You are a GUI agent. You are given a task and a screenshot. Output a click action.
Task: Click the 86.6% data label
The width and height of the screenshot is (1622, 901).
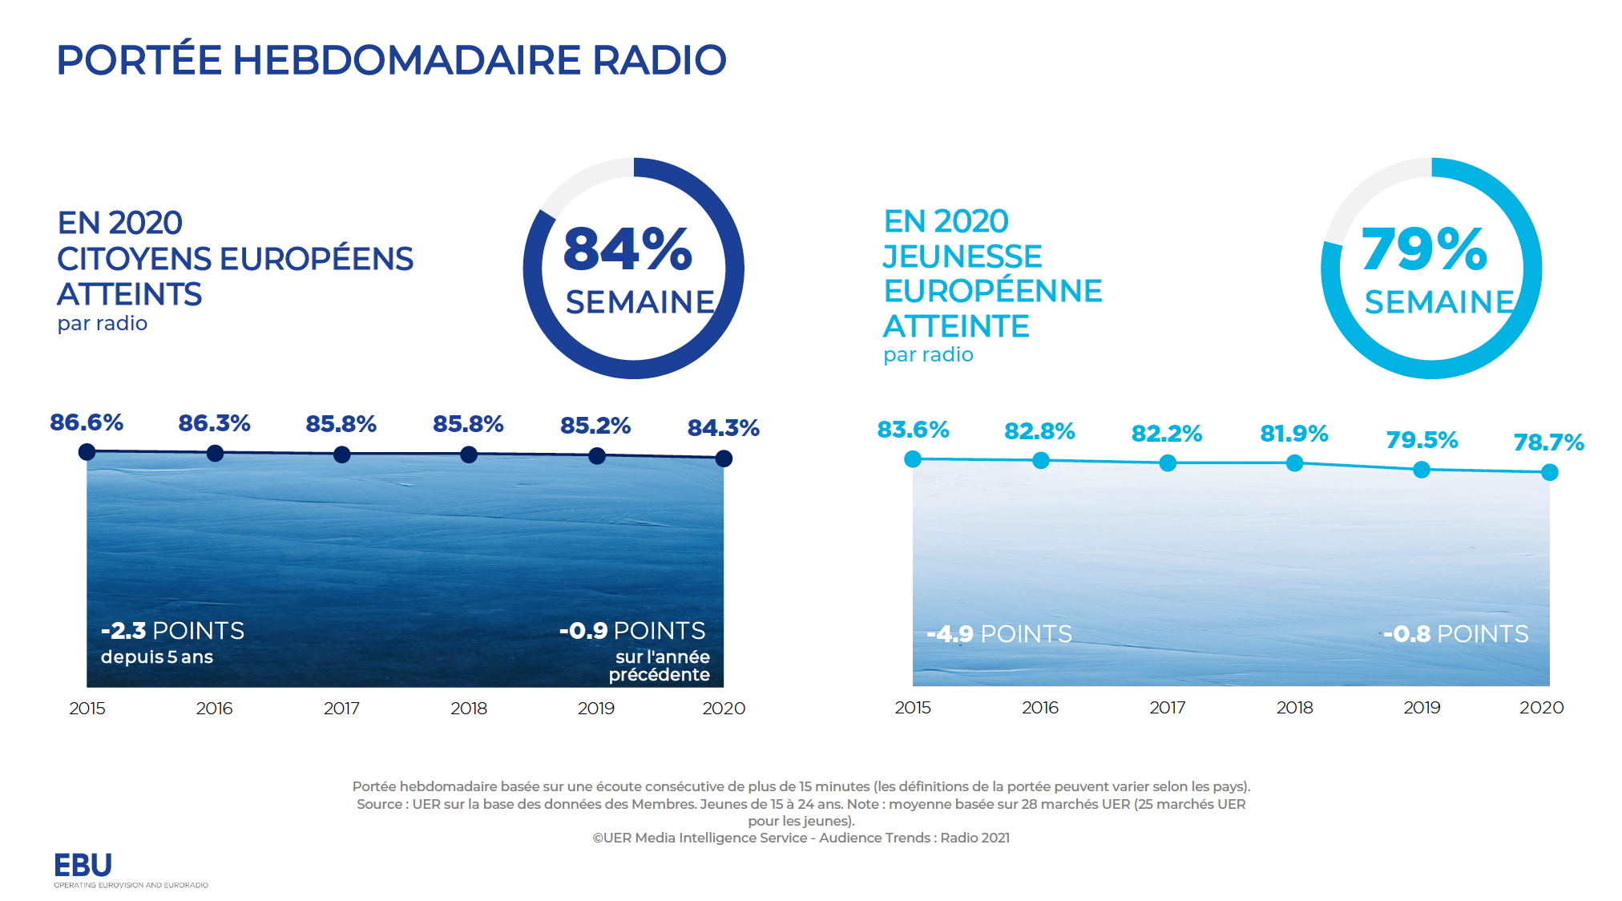pyautogui.click(x=87, y=422)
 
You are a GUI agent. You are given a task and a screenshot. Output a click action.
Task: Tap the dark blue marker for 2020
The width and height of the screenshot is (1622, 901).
pyautogui.click(x=724, y=459)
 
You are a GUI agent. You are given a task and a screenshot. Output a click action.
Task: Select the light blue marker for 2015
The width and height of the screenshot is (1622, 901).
pyautogui.click(x=913, y=459)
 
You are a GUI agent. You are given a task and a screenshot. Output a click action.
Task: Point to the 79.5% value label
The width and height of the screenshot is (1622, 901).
pyautogui.click(x=1422, y=440)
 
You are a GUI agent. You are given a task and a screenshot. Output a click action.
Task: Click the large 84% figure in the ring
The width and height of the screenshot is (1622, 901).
pyautogui.click(x=627, y=248)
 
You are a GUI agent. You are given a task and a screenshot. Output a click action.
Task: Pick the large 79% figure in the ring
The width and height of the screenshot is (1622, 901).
pyautogui.click(x=1424, y=248)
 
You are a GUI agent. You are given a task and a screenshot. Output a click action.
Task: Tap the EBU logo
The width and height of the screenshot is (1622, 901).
pyautogui.click(x=83, y=866)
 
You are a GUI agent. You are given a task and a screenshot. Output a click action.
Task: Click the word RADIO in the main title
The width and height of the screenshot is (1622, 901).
pyautogui.click(x=659, y=60)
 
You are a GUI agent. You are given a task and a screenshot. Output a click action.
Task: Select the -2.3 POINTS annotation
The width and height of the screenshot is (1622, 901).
pyautogui.click(x=172, y=631)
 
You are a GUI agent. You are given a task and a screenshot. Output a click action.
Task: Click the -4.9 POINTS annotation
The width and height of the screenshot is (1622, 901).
pyautogui.click(x=999, y=634)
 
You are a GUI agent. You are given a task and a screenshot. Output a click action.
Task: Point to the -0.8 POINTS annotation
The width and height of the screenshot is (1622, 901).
pyautogui.click(x=1456, y=634)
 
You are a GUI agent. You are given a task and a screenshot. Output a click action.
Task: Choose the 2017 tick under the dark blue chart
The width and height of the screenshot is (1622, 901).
pyautogui.click(x=341, y=709)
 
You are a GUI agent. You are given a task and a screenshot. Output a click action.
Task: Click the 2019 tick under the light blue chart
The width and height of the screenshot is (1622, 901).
pyautogui.click(x=1422, y=708)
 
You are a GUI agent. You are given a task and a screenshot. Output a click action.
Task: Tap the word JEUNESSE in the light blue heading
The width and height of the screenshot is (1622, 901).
pyautogui.click(x=962, y=257)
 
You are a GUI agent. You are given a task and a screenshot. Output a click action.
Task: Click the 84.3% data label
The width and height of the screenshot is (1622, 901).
pyautogui.click(x=723, y=428)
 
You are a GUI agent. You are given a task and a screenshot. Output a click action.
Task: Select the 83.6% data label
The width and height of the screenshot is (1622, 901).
pyautogui.click(x=913, y=430)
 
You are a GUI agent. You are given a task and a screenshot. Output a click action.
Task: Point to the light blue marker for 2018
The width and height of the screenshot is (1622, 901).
pyautogui.click(x=1294, y=463)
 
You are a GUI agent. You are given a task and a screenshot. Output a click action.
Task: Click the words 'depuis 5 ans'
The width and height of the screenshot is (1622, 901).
pyautogui.click(x=157, y=657)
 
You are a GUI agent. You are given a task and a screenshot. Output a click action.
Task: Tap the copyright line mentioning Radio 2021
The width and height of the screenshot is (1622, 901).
pyautogui.click(x=801, y=838)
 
